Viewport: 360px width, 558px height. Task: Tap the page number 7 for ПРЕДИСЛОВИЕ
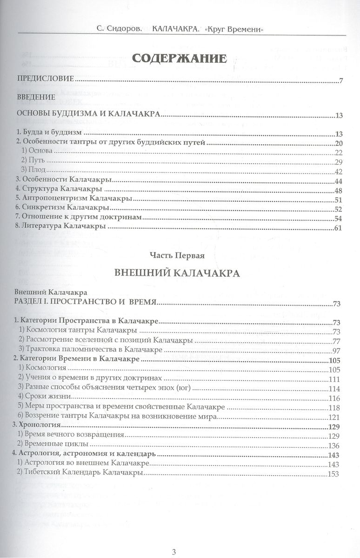341,82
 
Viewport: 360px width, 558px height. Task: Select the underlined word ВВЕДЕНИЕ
35,97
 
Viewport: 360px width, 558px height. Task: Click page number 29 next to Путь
338,161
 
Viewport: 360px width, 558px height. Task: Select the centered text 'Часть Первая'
177,255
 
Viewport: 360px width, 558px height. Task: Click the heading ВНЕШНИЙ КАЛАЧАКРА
177,273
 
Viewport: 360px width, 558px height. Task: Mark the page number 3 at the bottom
173,539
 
